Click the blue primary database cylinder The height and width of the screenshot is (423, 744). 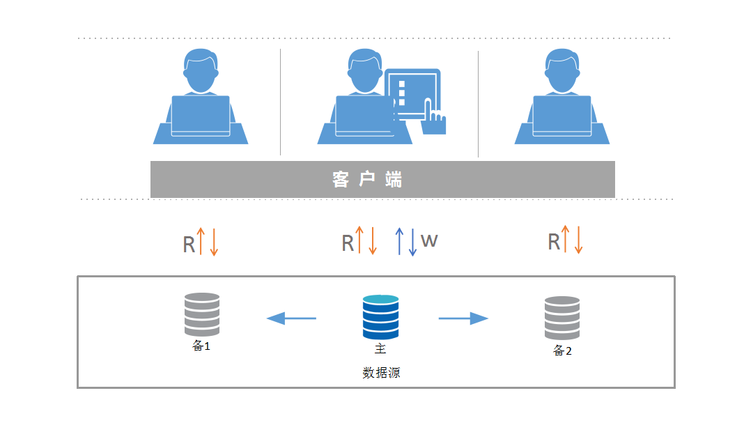[380, 317]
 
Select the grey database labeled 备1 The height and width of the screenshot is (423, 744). [202, 314]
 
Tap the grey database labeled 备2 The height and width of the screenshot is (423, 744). [562, 318]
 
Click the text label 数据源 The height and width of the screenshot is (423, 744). [381, 373]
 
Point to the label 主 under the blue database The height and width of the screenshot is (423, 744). [380, 349]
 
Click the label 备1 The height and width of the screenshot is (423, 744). [201, 346]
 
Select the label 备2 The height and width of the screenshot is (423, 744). [562, 351]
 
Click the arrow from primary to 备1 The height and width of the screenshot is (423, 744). [291, 318]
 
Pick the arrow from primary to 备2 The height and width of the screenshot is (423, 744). [463, 318]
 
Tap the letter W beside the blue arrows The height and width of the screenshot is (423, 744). [429, 240]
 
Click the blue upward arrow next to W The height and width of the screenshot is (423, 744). [400, 241]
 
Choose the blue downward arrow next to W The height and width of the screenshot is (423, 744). [413, 242]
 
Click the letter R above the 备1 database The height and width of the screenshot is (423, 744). [189, 245]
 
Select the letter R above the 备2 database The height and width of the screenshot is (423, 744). [554, 242]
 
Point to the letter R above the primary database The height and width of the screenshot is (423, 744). [348, 243]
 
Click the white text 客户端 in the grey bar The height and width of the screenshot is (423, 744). [367, 180]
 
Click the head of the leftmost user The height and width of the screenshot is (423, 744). [201, 71]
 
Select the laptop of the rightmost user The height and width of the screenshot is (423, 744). [562, 116]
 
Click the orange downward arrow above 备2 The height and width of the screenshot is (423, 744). [578, 240]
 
